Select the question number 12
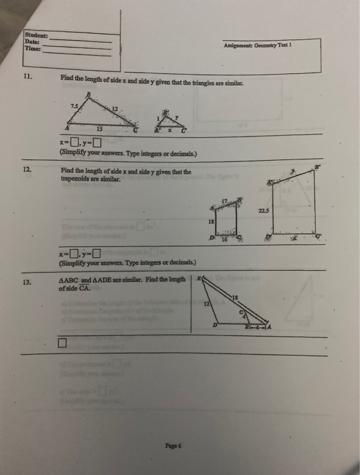(x=27, y=171)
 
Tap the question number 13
(x=27, y=282)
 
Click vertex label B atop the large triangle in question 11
(x=88, y=95)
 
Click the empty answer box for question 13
(x=62, y=343)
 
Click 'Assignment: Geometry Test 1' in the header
(x=262, y=45)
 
